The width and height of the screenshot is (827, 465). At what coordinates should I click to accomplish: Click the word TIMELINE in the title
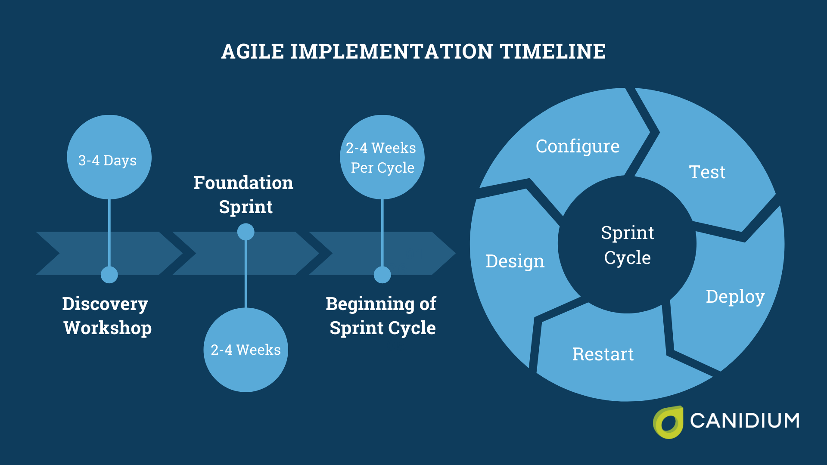pyautogui.click(x=553, y=52)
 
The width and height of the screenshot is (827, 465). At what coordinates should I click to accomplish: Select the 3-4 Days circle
pyautogui.click(x=109, y=158)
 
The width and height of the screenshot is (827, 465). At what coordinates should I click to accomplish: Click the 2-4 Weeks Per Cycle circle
pyautogui.click(x=382, y=158)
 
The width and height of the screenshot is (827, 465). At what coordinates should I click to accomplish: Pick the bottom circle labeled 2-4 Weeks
pyautogui.click(x=246, y=350)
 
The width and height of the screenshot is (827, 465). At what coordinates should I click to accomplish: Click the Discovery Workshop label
pyautogui.click(x=107, y=316)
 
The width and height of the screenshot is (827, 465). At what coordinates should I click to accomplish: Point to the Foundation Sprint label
pyautogui.click(x=244, y=195)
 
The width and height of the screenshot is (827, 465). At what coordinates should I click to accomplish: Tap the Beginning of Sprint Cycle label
pyautogui.click(x=382, y=316)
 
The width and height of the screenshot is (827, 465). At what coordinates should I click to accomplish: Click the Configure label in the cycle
pyautogui.click(x=577, y=146)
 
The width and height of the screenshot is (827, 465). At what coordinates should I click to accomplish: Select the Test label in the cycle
pyautogui.click(x=707, y=172)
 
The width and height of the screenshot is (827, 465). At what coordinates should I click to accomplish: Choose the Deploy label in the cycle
pyautogui.click(x=735, y=297)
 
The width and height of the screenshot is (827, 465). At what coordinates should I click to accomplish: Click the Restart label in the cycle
pyautogui.click(x=603, y=354)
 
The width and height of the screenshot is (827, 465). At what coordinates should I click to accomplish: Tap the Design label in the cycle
pyautogui.click(x=515, y=261)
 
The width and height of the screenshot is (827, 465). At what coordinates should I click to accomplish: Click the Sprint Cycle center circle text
pyautogui.click(x=627, y=245)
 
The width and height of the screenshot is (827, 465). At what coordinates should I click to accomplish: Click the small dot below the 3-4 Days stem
pyautogui.click(x=109, y=275)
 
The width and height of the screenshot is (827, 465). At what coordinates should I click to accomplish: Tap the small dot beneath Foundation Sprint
pyautogui.click(x=246, y=232)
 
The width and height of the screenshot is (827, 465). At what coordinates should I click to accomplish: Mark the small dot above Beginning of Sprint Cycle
pyautogui.click(x=382, y=275)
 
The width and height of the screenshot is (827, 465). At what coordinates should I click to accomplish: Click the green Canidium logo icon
pyautogui.click(x=668, y=422)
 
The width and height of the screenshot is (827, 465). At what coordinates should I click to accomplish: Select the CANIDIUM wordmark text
pyautogui.click(x=744, y=421)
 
